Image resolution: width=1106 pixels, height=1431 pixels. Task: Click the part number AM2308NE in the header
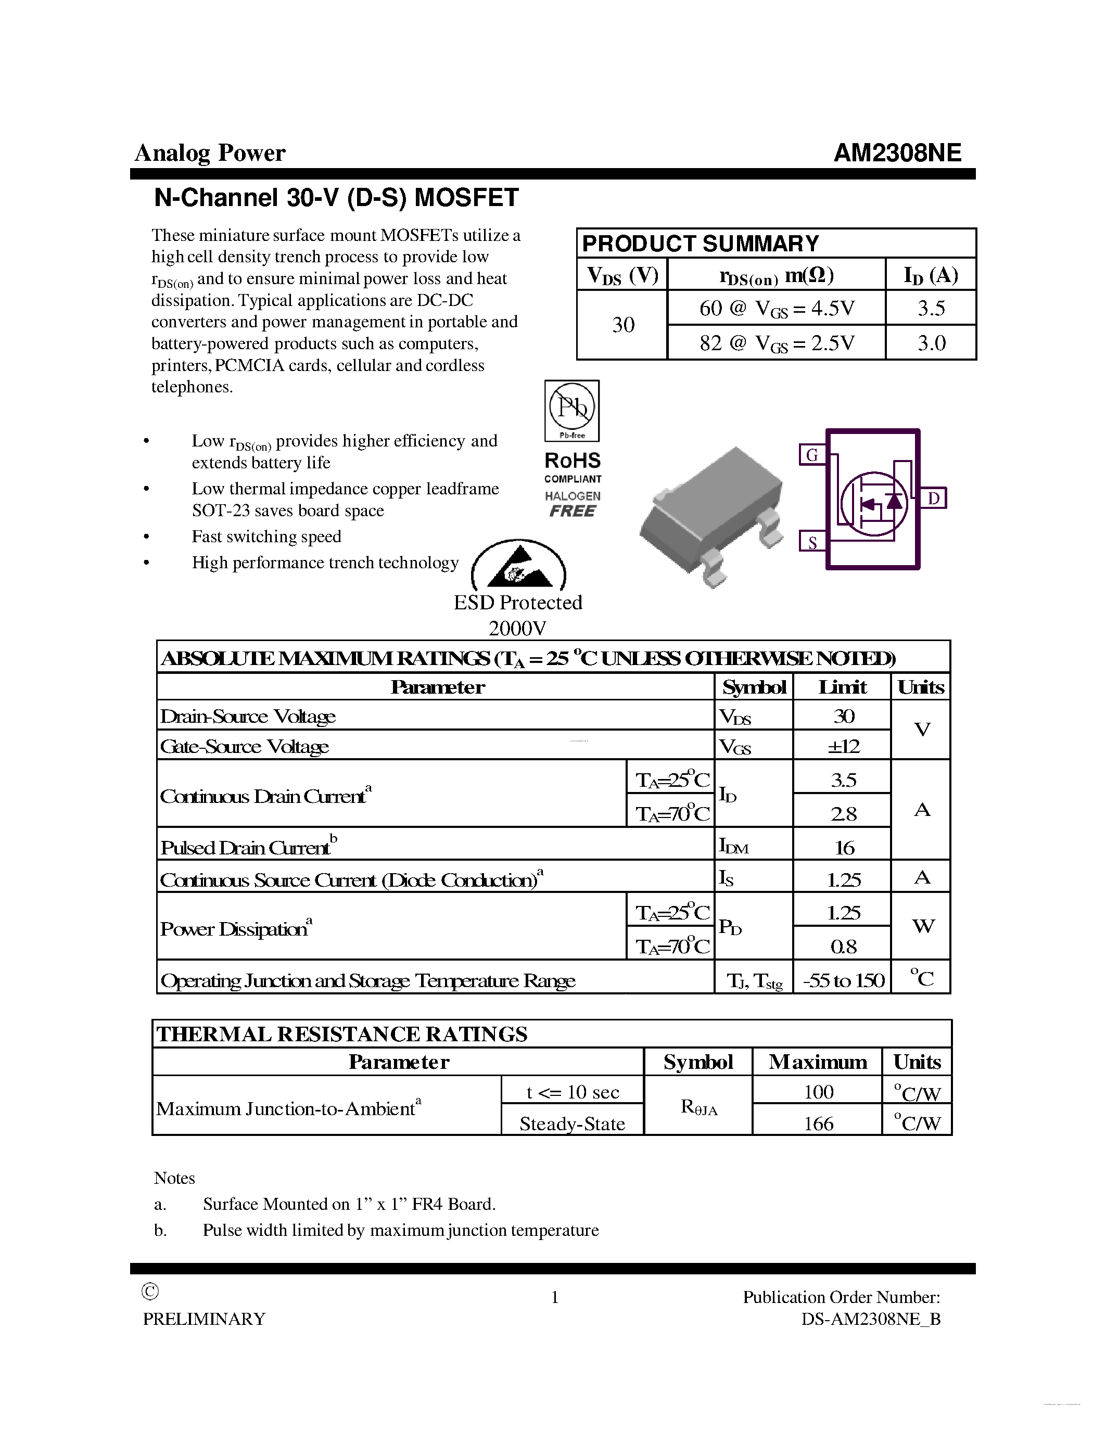click(896, 152)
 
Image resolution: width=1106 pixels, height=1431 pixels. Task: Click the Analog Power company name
click(210, 152)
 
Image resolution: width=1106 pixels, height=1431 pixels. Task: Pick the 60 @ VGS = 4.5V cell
click(776, 308)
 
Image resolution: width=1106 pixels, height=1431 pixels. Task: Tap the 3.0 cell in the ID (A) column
click(931, 343)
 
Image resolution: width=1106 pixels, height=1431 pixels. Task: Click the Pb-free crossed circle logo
click(572, 407)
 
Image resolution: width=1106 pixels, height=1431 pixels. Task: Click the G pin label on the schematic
click(812, 454)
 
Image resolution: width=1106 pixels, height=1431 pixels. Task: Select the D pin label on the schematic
click(934, 498)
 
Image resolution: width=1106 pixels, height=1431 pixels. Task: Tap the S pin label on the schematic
click(812, 542)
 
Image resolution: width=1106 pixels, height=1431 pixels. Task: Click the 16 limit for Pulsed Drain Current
click(844, 847)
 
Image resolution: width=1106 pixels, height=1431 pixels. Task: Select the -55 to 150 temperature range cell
click(843, 980)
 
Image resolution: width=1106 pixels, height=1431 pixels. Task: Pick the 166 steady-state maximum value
click(818, 1123)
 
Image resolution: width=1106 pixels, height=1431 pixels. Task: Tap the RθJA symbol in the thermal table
click(698, 1107)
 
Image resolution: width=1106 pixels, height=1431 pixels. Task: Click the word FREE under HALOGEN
click(572, 511)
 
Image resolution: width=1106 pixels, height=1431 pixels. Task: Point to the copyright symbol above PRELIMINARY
click(150, 1292)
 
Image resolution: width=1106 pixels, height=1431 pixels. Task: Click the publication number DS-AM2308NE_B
click(870, 1319)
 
